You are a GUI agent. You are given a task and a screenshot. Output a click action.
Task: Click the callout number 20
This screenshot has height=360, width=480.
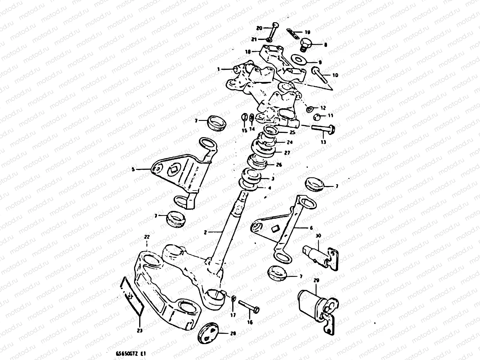coord(259,28)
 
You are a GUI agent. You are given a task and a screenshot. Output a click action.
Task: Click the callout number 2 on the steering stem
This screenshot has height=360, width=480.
coord(205,232)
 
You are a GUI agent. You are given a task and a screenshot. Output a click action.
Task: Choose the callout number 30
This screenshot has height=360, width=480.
coord(318,236)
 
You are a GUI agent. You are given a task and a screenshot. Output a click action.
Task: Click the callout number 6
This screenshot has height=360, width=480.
coord(311,228)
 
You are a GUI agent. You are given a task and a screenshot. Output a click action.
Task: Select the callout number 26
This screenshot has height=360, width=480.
coord(279,165)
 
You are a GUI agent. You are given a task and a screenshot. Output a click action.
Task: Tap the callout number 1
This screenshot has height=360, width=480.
coord(219,69)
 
